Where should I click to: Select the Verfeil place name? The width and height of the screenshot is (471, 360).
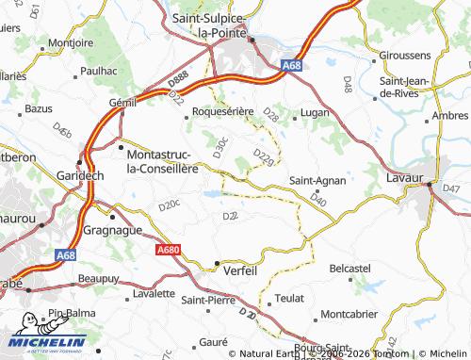(x=242, y=269)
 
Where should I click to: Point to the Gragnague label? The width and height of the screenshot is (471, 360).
(x=114, y=229)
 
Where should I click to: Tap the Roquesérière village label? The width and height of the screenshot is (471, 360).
(x=222, y=111)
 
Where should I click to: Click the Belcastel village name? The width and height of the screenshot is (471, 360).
(x=350, y=269)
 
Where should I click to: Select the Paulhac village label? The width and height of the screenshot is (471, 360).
(x=98, y=70)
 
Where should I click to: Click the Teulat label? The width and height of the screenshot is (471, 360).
(x=289, y=298)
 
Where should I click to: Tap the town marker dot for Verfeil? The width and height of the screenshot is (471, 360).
(x=218, y=263)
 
